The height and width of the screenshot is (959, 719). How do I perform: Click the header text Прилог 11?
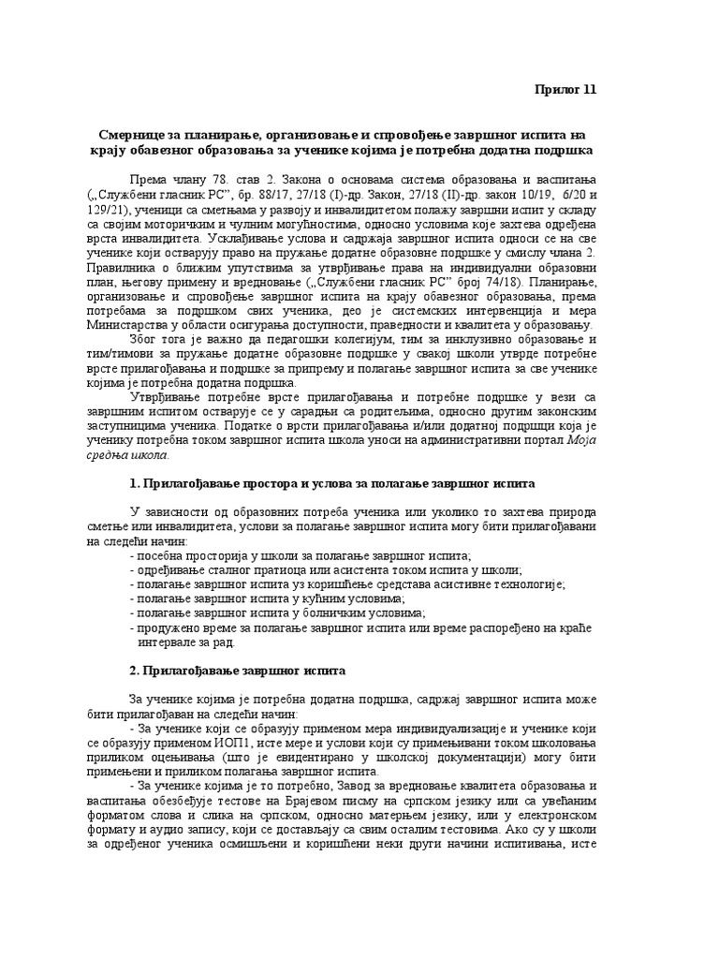(564, 90)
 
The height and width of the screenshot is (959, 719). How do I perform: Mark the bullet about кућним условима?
(266, 598)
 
